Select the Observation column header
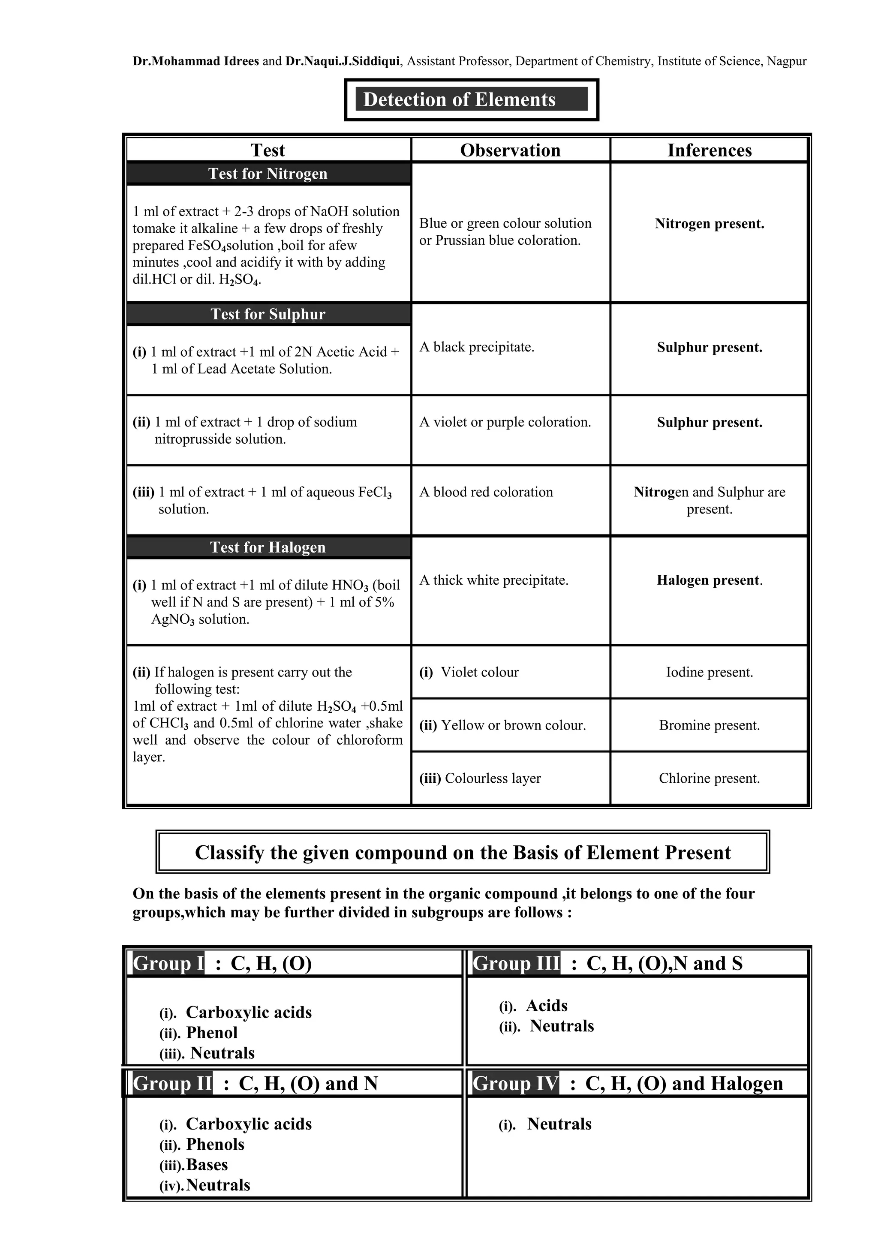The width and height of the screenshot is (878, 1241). [510, 150]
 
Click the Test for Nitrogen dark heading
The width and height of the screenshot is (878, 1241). [268, 174]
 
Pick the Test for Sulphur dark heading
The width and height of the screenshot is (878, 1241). [268, 314]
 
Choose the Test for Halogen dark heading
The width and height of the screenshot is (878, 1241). [268, 547]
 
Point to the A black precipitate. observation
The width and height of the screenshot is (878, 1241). [476, 347]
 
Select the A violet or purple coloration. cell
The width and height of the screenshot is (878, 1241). [505, 422]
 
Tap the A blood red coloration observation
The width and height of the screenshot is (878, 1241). [486, 492]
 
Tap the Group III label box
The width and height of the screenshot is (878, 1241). [516, 963]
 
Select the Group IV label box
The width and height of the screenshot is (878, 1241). [515, 1083]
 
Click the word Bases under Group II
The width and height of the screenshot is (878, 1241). [207, 1164]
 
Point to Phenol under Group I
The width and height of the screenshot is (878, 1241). [211, 1032]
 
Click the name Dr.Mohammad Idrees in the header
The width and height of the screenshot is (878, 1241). [196, 61]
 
